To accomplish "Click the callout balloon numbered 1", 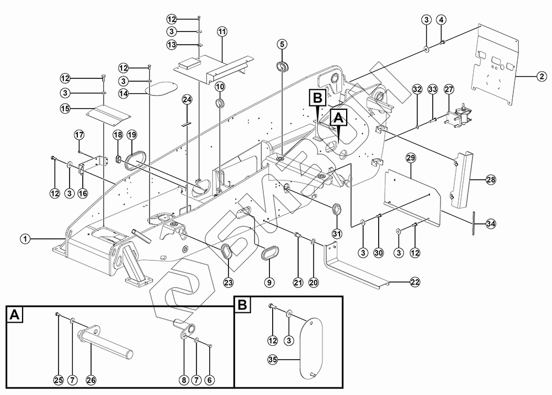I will tap(24, 239).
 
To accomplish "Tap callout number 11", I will tap(222, 31).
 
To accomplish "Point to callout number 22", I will tap(415, 282).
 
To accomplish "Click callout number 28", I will tap(491, 180).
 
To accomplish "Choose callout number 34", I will tap(491, 223).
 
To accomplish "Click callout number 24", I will tap(187, 100).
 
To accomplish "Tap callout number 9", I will tap(269, 282).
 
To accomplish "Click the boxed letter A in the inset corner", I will tap(15, 315).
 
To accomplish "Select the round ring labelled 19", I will tap(135, 158).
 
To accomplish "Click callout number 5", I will tap(282, 44).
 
